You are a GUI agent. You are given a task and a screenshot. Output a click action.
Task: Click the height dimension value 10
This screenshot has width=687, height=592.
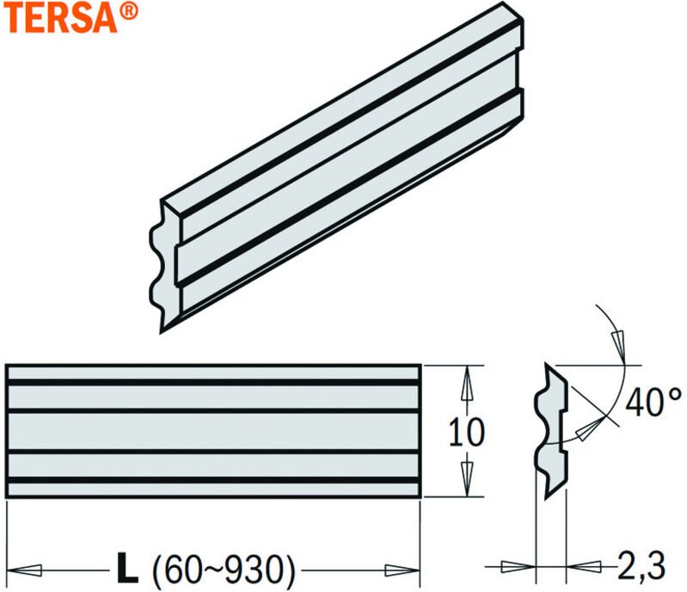coord(467,431)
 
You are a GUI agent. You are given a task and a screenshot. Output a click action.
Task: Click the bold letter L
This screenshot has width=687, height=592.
coord(126,568)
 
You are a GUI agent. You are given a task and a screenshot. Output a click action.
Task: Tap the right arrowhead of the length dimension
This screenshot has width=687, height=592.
coord(402,569)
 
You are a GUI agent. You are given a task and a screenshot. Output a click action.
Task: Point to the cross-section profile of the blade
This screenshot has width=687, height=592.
coord(553,430)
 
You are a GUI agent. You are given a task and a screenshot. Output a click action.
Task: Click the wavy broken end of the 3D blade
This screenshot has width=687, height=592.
coord(161,267)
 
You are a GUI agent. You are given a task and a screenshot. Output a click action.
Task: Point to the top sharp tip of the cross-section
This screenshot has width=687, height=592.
coord(547,366)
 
